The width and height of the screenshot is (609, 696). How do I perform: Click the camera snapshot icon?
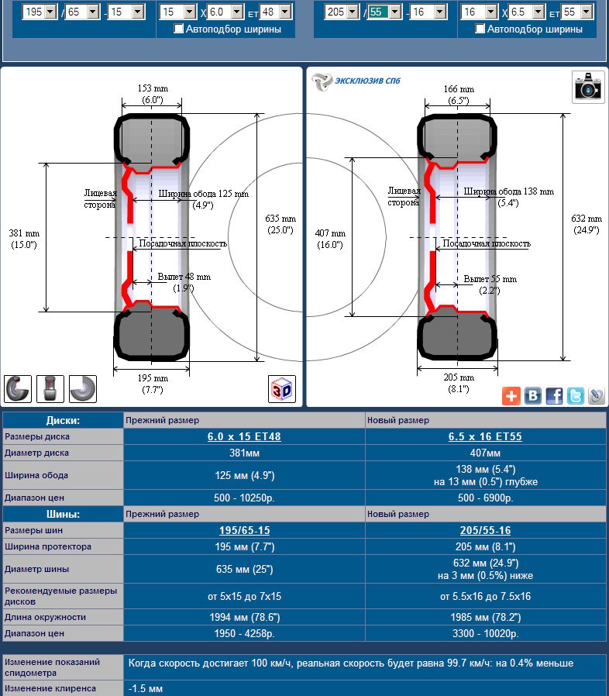588,86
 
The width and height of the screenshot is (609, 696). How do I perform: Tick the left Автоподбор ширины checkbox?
179,29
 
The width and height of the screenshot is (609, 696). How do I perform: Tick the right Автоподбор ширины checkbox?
480,29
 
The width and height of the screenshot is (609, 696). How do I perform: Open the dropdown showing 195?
40,12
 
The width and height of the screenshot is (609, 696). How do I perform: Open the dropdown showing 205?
341,12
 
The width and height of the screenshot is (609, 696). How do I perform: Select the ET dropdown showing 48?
275,12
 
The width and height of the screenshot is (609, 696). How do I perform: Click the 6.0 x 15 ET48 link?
243,436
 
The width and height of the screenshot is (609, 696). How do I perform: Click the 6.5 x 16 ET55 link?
485,436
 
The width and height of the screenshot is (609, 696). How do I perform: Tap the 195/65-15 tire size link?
243,531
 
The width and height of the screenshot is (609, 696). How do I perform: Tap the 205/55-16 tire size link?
485,531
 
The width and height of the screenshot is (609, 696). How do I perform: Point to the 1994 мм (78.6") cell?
243,617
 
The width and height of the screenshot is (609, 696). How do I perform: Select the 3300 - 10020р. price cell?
485,633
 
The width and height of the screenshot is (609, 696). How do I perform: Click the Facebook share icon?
554,395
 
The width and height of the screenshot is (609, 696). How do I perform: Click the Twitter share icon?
575,395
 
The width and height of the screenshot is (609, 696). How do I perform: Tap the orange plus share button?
511,395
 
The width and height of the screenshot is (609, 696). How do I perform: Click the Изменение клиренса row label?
50,688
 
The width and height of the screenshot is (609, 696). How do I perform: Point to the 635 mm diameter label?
280,224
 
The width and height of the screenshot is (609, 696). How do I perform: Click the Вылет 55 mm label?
490,279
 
